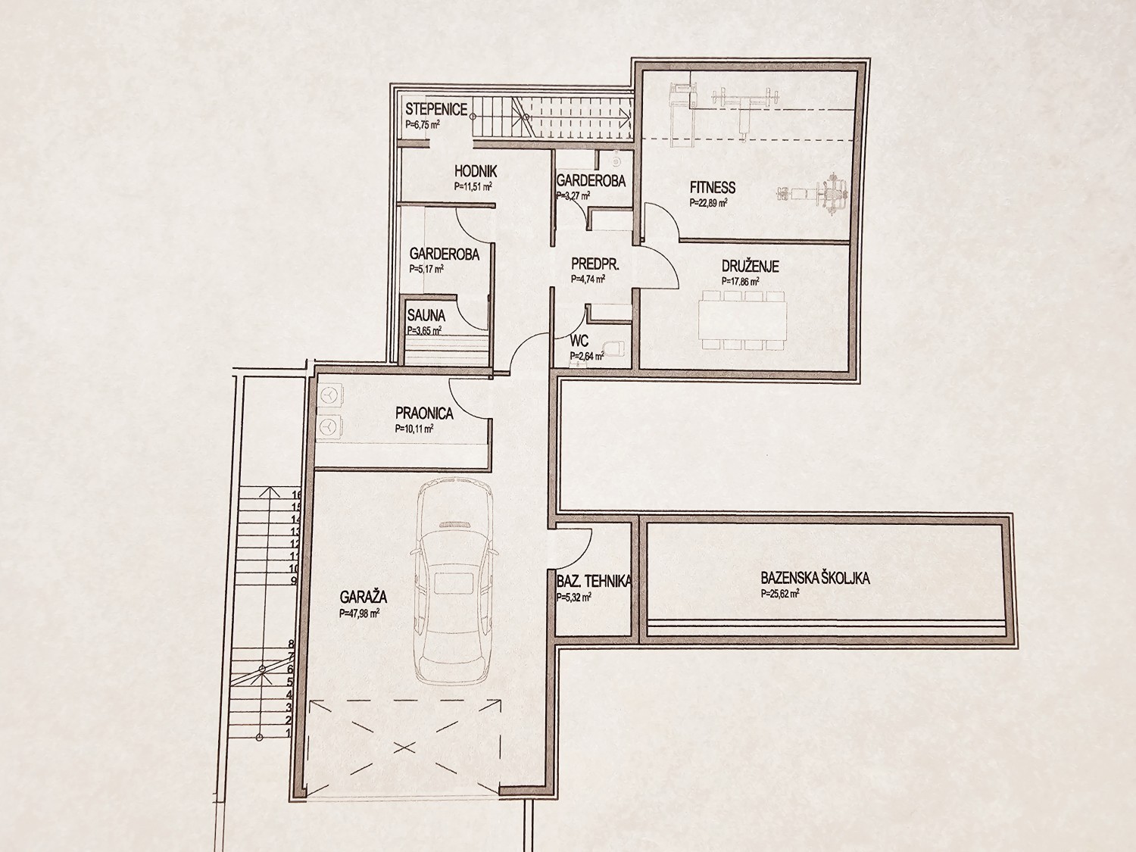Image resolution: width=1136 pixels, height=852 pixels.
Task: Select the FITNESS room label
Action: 712,186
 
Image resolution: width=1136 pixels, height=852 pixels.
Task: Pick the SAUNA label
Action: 426,314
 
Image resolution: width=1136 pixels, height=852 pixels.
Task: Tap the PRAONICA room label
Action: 424,414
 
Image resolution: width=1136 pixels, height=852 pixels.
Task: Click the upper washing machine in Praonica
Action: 328,396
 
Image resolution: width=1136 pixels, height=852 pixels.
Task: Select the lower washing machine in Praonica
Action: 328,427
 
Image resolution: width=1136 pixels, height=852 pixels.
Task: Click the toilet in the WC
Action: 616,348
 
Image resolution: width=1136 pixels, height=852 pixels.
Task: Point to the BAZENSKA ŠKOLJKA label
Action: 815,578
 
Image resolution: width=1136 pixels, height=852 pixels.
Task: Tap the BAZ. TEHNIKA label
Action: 595,581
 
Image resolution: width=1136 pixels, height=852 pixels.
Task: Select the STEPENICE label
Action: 436,109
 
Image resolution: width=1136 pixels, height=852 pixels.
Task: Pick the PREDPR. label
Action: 595,264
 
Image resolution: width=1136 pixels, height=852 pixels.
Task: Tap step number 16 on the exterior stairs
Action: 297,494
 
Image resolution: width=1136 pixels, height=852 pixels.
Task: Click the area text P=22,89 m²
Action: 709,203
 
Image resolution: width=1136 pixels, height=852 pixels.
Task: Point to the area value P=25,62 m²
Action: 780,594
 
